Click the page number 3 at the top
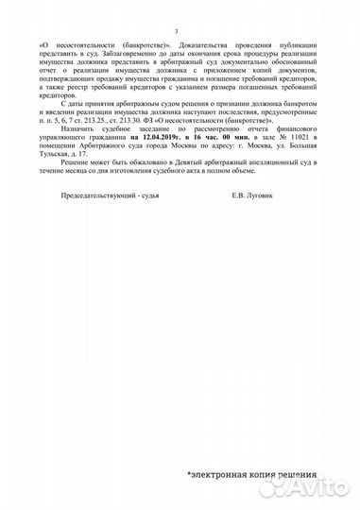pyautogui.click(x=180, y=31)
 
